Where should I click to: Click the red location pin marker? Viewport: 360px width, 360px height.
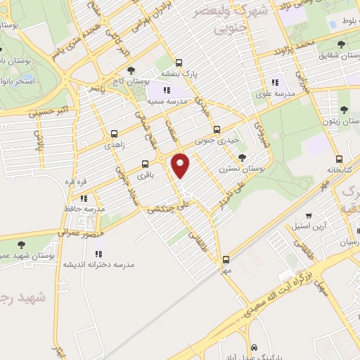181,166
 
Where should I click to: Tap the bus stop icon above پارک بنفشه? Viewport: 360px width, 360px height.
179,62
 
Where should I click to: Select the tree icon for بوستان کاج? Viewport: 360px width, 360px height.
131,70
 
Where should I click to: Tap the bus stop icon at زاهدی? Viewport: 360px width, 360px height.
114,132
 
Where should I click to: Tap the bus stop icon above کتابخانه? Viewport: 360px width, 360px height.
340,159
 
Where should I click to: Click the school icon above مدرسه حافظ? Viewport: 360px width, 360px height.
84,198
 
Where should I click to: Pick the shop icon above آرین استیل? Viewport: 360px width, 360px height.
309,216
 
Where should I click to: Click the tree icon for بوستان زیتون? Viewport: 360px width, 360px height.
343,110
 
